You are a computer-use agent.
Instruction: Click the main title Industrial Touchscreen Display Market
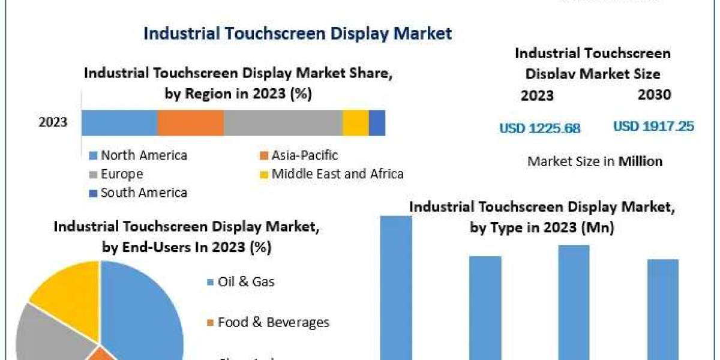(x=297, y=33)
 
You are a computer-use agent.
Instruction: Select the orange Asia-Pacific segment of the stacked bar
(x=190, y=123)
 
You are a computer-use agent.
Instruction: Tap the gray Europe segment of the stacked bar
(x=283, y=123)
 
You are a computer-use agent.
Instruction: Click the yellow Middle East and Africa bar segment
(x=355, y=123)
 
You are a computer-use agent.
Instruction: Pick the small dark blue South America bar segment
(x=377, y=123)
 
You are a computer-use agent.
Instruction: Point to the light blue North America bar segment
(x=119, y=123)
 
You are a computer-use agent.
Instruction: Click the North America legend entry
(x=138, y=155)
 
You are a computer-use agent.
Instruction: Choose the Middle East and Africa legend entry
(x=331, y=174)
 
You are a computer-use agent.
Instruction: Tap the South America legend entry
(x=138, y=193)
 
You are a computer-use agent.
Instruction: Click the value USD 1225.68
(x=539, y=128)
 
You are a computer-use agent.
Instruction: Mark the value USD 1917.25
(x=653, y=127)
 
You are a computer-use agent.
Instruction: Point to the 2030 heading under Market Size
(x=655, y=94)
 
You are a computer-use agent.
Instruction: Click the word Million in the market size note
(x=641, y=161)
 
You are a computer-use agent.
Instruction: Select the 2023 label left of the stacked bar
(x=53, y=123)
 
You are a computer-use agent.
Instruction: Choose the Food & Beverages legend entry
(x=268, y=322)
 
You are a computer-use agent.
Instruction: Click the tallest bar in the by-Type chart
(x=397, y=288)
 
